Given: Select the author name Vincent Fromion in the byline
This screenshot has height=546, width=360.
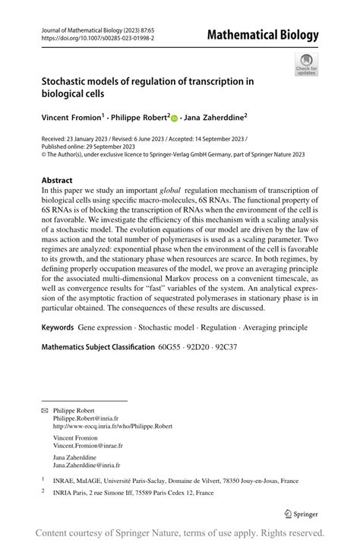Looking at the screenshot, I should pos(69,118).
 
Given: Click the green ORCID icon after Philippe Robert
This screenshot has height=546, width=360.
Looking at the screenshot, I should pos(175,118).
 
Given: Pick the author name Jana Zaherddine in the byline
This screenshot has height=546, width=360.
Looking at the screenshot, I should pos(213,118).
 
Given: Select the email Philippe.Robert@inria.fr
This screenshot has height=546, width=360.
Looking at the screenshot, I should pos(87,418).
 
